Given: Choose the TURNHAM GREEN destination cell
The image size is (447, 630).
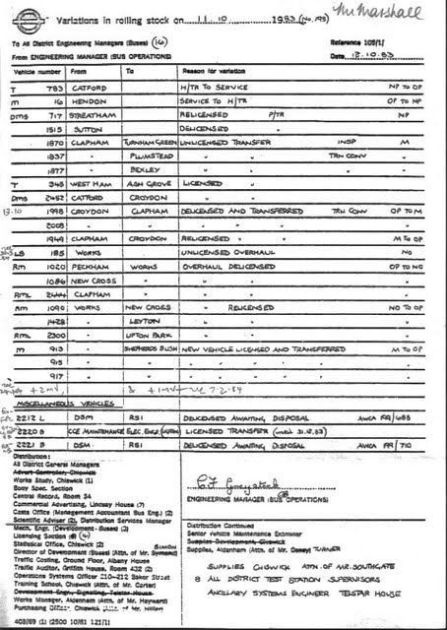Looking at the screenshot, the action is click(148, 142).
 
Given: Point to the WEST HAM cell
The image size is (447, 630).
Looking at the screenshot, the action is click(89, 183).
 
